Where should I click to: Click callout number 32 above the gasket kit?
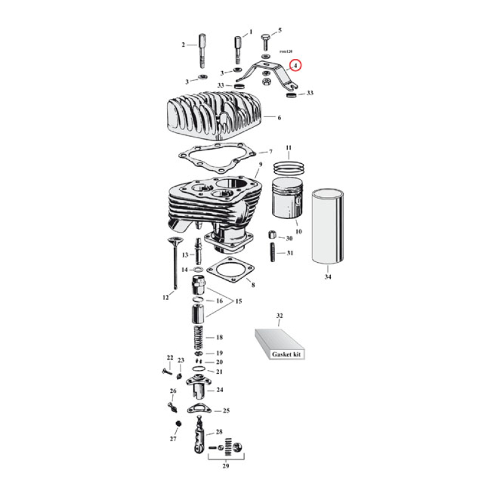pos(279,315)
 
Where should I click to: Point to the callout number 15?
pos(238,301)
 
